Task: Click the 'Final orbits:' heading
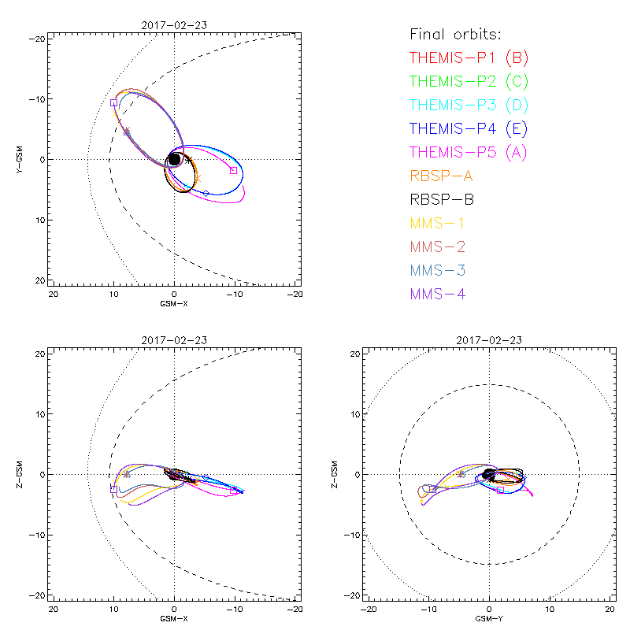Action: tap(455, 34)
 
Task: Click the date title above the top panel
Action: tap(174, 25)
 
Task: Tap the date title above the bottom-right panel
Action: tap(489, 340)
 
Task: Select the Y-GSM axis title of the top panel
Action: tap(21, 159)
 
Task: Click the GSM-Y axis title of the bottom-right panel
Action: tap(489, 619)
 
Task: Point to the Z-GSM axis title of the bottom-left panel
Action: tap(21, 474)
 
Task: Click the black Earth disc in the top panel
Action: tap(174, 159)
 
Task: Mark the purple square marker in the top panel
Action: tap(113, 102)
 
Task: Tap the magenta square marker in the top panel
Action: tap(233, 170)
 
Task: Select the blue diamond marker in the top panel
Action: tap(206, 193)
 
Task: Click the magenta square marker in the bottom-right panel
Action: tap(500, 490)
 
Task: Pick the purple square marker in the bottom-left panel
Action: tap(113, 489)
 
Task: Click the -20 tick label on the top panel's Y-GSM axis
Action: tap(37, 38)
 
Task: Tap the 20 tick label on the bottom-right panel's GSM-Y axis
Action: tap(610, 609)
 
